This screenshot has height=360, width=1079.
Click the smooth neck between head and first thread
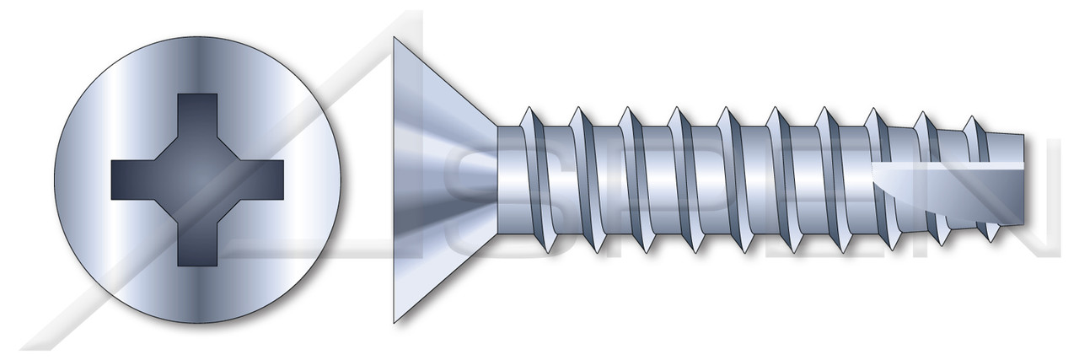coord(510,179)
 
